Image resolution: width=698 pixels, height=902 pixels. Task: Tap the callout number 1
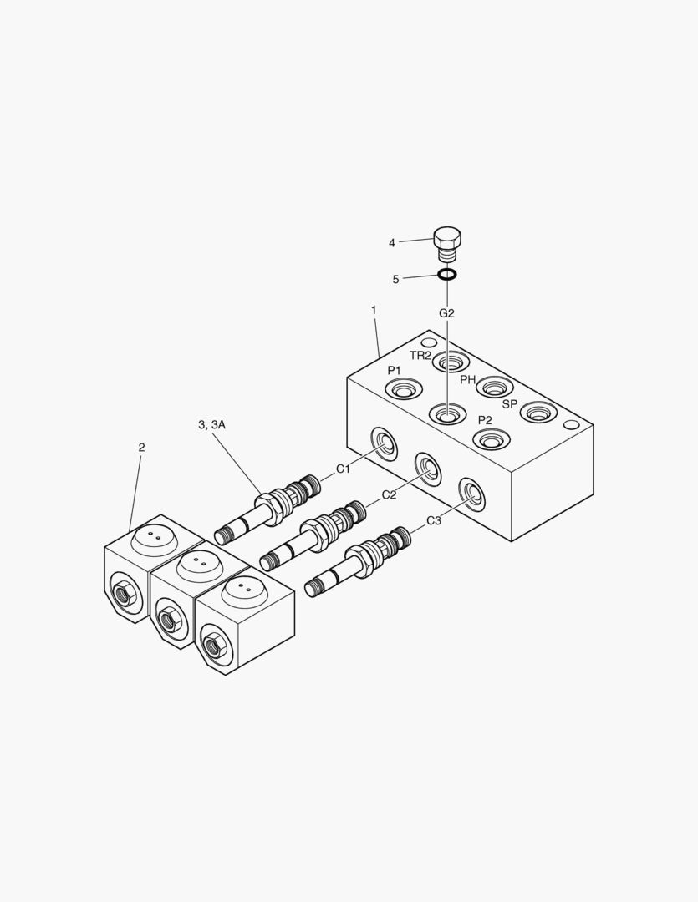(x=374, y=310)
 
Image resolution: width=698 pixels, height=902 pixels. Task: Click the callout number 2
(x=141, y=447)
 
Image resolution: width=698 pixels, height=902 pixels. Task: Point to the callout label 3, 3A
(x=211, y=425)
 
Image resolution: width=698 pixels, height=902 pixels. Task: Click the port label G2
(x=447, y=313)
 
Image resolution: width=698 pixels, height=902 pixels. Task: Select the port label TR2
(x=420, y=355)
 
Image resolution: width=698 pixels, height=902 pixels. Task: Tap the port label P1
(x=394, y=370)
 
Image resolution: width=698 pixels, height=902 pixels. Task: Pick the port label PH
(x=468, y=379)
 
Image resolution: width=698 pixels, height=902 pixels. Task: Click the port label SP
(x=510, y=403)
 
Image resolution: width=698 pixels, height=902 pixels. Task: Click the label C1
(x=343, y=469)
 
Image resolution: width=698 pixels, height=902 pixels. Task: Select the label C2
(x=389, y=494)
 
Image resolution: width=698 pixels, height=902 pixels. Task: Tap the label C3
(x=434, y=520)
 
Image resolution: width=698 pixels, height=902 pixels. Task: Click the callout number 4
(x=391, y=243)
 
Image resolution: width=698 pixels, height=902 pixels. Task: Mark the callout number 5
(x=395, y=279)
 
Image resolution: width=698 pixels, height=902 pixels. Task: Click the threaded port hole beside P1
(x=402, y=389)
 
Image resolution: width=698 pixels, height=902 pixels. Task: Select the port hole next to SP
(x=538, y=412)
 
